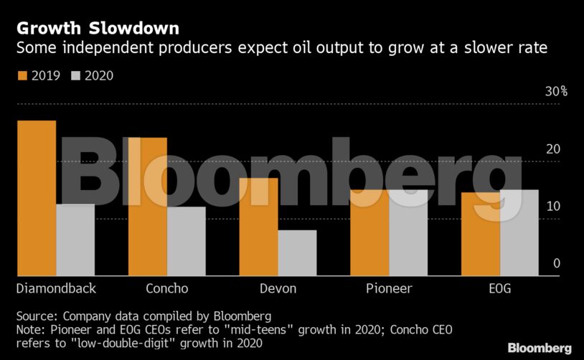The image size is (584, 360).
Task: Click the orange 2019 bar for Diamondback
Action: point(36,198)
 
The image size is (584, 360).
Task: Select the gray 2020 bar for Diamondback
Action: point(75,240)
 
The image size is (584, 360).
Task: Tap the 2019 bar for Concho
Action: point(147,207)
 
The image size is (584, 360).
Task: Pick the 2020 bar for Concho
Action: point(187,242)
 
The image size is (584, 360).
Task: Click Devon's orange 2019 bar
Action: point(258,227)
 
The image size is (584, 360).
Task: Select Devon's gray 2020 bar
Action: point(297,253)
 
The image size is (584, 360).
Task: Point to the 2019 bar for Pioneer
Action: point(369,233)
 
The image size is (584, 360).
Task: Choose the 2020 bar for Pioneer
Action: point(408,233)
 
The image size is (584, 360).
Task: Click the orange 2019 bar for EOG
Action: point(481,235)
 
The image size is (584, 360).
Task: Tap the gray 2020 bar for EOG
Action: point(519,233)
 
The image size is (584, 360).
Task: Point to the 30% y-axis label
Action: point(556,92)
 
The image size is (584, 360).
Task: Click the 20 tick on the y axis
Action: point(552,149)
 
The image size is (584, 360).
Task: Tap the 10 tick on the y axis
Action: point(552,207)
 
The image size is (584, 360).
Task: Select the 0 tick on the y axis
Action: point(556,264)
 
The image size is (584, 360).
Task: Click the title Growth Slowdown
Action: point(98,29)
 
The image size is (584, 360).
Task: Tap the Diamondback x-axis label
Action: point(56,288)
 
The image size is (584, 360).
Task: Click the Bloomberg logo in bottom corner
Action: point(540,348)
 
